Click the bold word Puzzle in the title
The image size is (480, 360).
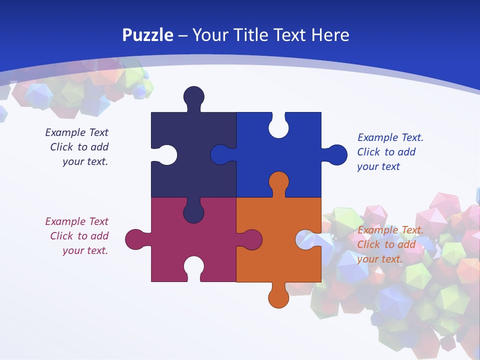pyautogui.click(x=147, y=35)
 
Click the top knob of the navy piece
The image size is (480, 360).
pyautogui.click(x=193, y=96)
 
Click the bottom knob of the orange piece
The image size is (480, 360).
pyautogui.click(x=278, y=297)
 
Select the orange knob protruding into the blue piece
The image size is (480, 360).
pyautogui.click(x=278, y=182)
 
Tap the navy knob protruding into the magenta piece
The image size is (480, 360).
pyautogui.click(x=193, y=211)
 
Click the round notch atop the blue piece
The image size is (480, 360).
pyautogui.click(x=278, y=127)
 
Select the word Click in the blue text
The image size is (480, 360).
pyautogui.click(x=368, y=152)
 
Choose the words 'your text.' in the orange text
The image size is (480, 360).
pyautogui.click(x=379, y=259)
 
